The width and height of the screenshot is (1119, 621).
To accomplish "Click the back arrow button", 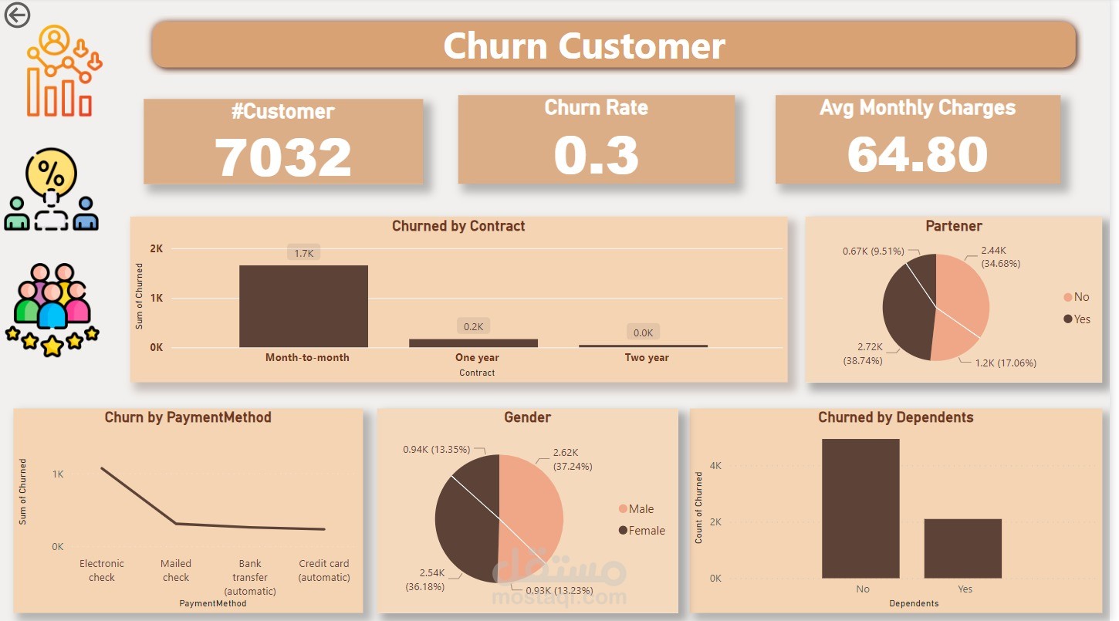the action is tap(17, 15).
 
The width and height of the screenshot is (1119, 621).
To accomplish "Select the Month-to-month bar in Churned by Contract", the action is tap(304, 306).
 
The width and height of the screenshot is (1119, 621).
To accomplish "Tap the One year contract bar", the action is tap(474, 343).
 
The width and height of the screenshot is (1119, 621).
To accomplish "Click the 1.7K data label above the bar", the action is tap(304, 253).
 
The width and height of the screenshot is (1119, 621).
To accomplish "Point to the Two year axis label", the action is tap(647, 357).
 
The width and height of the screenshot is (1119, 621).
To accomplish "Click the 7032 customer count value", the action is tap(282, 157).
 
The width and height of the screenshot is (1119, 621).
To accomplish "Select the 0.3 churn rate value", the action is tap(596, 155).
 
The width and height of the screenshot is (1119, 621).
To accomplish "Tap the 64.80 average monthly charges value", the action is tap(918, 155).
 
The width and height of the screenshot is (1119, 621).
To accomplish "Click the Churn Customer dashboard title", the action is tap(584, 46).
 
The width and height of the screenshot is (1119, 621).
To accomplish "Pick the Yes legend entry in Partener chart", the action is tap(1077, 319).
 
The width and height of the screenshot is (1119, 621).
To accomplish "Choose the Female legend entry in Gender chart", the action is tap(642, 530).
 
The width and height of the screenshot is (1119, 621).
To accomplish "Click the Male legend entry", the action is tap(636, 508).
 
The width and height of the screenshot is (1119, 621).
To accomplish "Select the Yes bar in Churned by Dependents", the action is tap(962, 548).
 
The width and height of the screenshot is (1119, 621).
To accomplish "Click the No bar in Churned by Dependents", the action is tap(860, 508).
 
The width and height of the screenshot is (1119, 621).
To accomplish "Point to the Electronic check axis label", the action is tap(101, 570).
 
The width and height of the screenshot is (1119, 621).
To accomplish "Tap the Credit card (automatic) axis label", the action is tap(323, 570).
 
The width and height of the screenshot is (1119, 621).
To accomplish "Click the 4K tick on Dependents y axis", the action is tap(715, 465).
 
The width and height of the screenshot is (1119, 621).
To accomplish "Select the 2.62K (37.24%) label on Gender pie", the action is tap(573, 459).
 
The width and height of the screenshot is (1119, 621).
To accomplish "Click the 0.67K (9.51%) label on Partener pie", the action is tap(874, 251).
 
